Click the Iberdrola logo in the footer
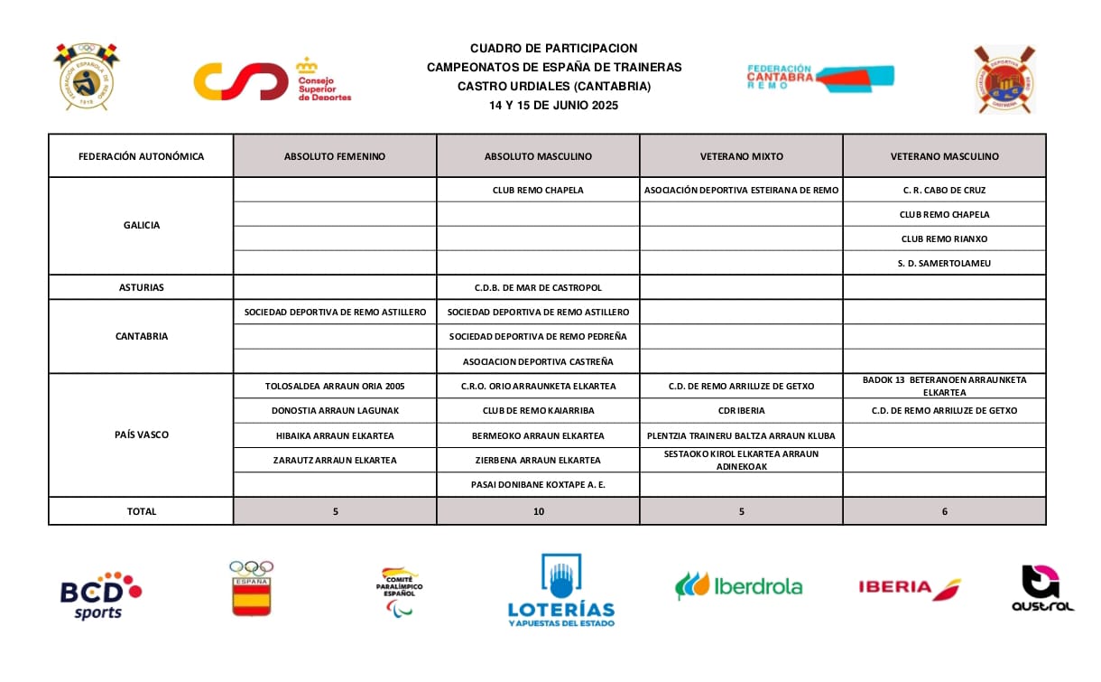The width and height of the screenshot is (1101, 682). point(738,586)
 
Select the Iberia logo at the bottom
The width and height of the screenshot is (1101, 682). point(909,588)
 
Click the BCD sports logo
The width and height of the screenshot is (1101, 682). point(100,594)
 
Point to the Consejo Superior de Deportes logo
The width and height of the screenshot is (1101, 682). point(272,81)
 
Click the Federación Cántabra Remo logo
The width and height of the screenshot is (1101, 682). point(819,77)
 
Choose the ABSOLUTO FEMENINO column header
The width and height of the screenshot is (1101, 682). point(335,156)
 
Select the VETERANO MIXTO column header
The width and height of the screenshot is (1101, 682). point(741,156)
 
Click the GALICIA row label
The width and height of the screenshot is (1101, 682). point(142,226)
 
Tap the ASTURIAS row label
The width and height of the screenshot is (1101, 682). point(142,287)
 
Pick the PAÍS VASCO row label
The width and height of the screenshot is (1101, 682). point(142,434)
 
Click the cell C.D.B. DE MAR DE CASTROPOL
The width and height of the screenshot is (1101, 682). point(538,287)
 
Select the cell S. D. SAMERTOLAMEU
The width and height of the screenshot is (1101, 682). point(944,263)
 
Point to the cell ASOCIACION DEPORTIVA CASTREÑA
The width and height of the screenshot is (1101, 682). point(538,361)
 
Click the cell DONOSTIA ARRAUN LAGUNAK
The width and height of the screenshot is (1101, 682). point(335,410)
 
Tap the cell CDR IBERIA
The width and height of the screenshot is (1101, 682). point(741,410)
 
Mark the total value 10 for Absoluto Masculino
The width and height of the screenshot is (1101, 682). point(538,511)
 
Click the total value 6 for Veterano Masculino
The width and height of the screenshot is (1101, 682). point(944,511)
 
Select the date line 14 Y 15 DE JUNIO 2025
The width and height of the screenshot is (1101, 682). point(553,105)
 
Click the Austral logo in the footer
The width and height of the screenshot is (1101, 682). point(1042,589)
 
